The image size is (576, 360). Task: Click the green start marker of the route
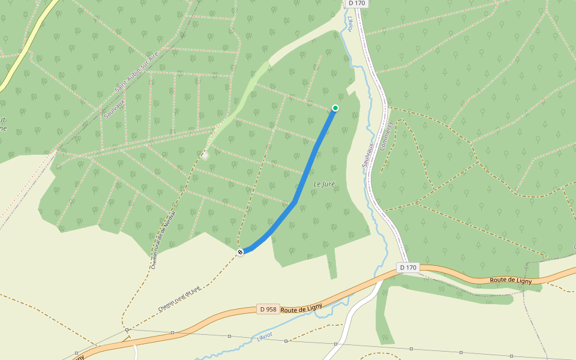pyautogui.click(x=335, y=108)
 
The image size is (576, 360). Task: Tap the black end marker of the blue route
pyautogui.click(x=240, y=252)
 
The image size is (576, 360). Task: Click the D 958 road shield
pyautogui.click(x=268, y=309)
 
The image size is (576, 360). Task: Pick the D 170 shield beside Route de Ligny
pyautogui.click(x=407, y=267)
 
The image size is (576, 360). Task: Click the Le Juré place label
pyautogui.click(x=324, y=184)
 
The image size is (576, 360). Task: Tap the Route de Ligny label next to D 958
pyautogui.click(x=302, y=308)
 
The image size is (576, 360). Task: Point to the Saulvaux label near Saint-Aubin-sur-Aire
pyautogui.click(x=112, y=106)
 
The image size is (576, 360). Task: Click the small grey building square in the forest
pyautogui.click(x=205, y=155)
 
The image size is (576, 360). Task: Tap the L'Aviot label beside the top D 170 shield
pyautogui.click(x=350, y=23)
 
